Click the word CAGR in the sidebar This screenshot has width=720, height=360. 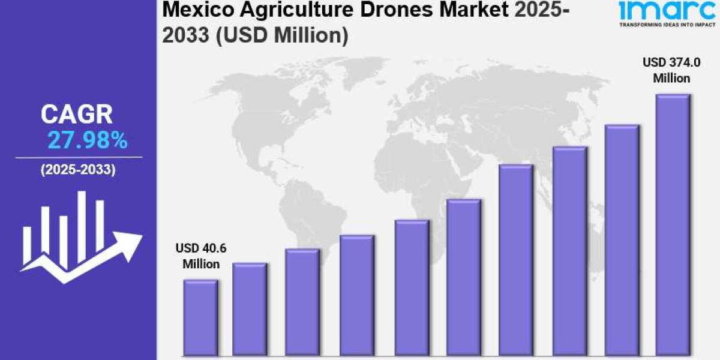click(x=77, y=115)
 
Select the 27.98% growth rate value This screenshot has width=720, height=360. click(x=87, y=140)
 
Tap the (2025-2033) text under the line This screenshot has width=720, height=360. click(x=78, y=170)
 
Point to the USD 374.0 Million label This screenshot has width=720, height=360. click(x=672, y=70)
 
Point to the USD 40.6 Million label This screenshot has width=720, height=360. click(x=201, y=256)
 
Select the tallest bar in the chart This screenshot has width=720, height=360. click(x=673, y=225)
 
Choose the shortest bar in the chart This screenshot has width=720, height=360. click(x=200, y=318)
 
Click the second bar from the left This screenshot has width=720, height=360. click(x=250, y=310)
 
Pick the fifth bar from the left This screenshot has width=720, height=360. click(x=412, y=288)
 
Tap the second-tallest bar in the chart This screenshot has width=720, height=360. click(x=622, y=240)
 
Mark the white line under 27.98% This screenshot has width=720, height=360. click(x=79, y=157)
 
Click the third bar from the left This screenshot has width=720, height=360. click(x=302, y=303)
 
